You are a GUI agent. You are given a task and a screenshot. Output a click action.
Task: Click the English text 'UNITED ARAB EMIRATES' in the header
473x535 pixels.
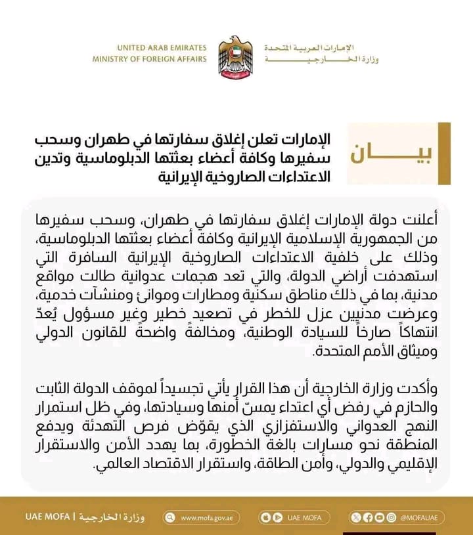tap(162, 48)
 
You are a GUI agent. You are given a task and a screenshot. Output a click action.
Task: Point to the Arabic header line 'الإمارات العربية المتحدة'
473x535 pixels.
tap(309, 49)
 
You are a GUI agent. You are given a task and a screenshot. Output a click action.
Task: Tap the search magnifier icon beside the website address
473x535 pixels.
tap(169, 517)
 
